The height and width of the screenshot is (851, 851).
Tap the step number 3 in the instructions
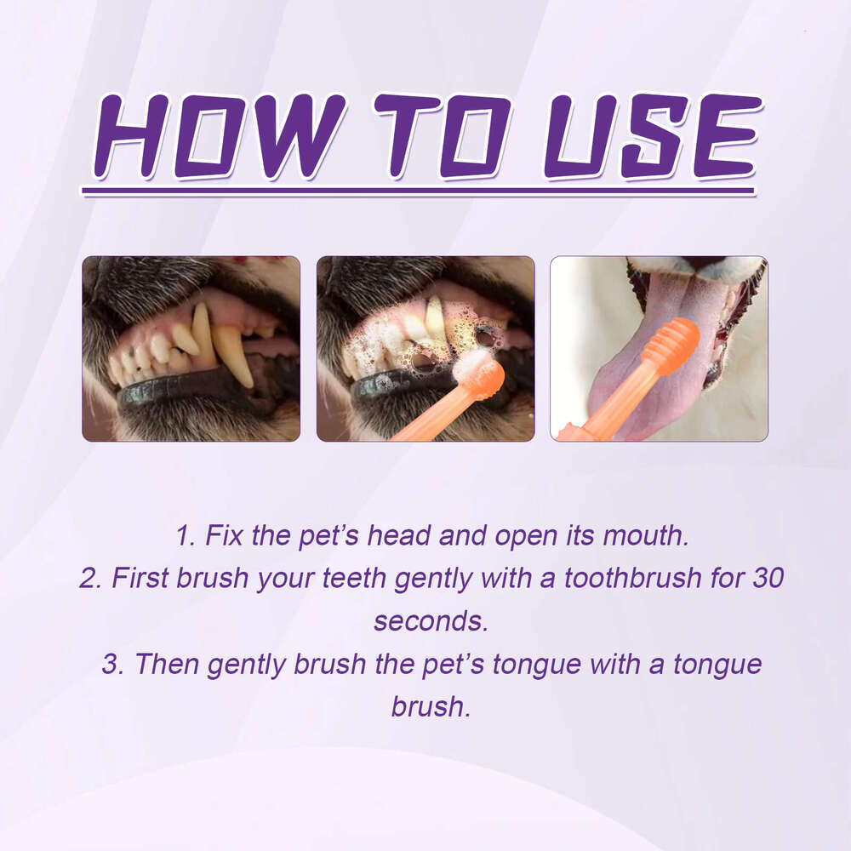(x=110, y=664)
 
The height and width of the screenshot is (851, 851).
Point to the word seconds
(x=431, y=621)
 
